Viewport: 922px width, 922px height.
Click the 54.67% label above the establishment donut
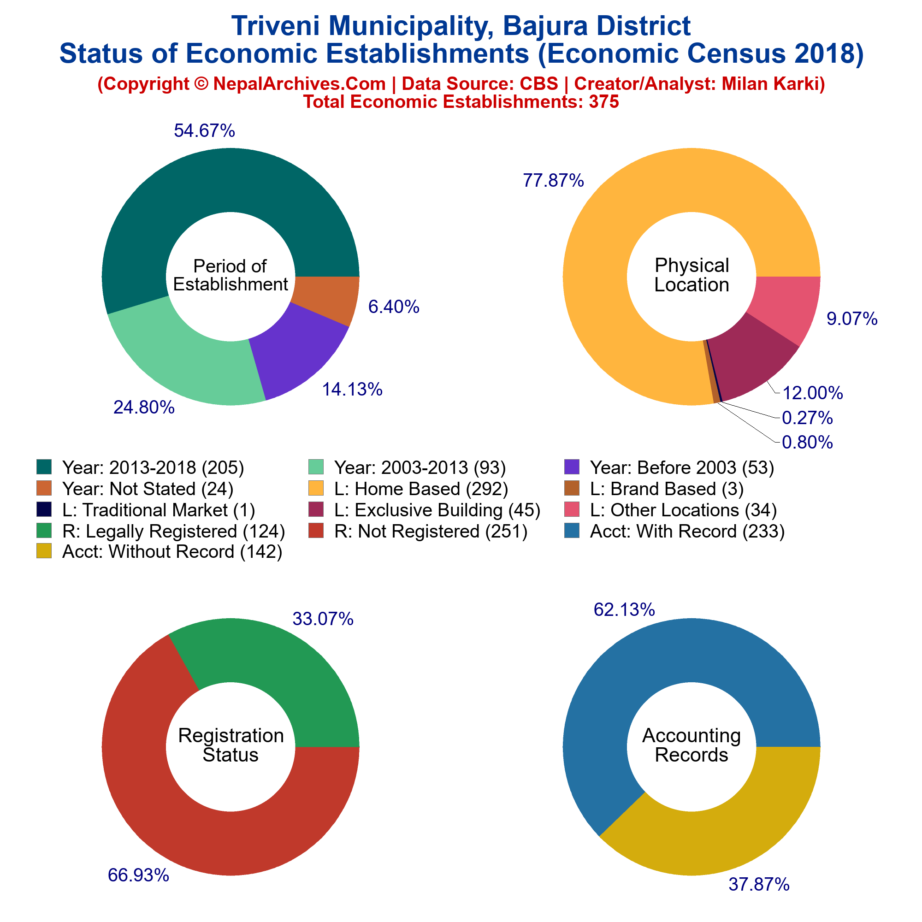tap(204, 131)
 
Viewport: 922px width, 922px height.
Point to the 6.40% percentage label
tap(394, 307)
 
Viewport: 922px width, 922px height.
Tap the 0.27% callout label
tap(808, 418)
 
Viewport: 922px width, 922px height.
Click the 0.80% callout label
tap(808, 443)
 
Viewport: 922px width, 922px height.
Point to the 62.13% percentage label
tap(624, 610)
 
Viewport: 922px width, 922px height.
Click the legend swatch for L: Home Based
tap(316, 488)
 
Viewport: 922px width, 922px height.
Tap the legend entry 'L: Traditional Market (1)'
tap(159, 510)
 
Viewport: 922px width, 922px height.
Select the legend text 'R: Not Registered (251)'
tap(431, 531)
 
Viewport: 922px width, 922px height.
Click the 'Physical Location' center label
tap(691, 275)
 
